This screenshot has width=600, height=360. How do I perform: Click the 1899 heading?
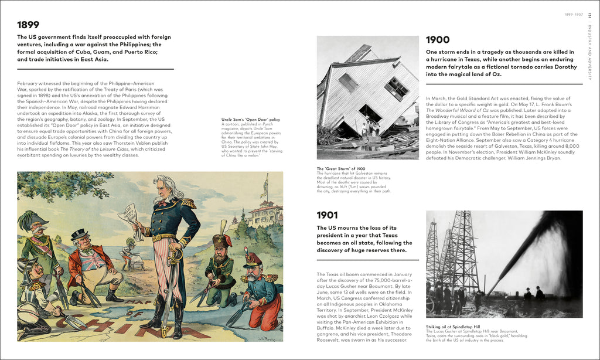click(x=28, y=25)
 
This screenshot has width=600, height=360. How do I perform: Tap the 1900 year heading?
click(x=438, y=40)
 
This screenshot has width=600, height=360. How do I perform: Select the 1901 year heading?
click(x=328, y=215)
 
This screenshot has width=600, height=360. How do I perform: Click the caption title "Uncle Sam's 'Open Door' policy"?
click(x=250, y=120)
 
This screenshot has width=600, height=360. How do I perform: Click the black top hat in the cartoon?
click(x=79, y=235)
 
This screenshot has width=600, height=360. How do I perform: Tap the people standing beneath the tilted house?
click(x=367, y=127)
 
